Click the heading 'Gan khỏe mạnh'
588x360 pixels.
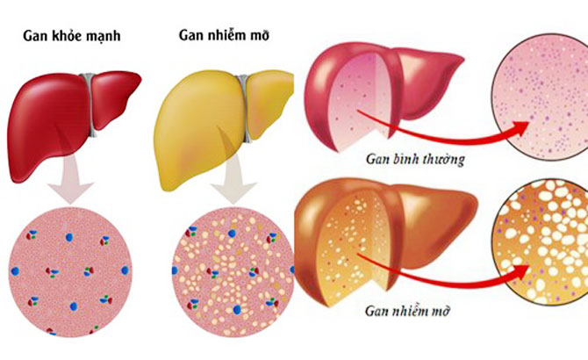[x=72, y=36]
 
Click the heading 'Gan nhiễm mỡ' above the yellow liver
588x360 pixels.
[x=225, y=35]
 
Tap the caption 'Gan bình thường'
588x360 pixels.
[x=415, y=160]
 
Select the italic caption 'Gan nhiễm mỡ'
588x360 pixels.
[x=407, y=311]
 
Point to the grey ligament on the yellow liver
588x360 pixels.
[x=245, y=109]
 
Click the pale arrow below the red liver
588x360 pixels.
[x=70, y=179]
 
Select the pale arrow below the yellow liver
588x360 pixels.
[x=233, y=179]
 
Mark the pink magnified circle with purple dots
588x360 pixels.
[x=540, y=97]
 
